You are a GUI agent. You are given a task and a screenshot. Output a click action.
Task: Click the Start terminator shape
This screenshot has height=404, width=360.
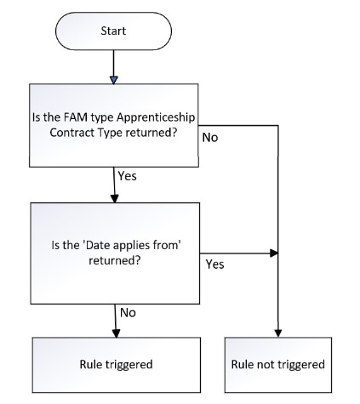point(113,31)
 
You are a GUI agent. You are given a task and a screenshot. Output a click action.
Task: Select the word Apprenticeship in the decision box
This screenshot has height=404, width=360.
point(156,118)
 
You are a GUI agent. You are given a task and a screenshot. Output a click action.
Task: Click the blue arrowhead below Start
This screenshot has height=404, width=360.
point(114,80)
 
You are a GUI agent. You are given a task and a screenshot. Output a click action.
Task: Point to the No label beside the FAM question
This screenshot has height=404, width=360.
point(210,138)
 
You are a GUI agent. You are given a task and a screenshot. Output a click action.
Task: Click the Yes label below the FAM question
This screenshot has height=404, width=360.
point(127,176)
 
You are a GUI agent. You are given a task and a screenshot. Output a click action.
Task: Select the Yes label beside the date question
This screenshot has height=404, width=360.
point(214,265)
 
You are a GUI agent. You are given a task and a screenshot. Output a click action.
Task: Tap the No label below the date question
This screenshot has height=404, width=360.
point(128,313)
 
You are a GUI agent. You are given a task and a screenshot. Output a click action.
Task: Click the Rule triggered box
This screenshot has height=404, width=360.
point(117,365)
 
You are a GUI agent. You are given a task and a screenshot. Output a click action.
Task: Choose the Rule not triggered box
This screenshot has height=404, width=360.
point(278,365)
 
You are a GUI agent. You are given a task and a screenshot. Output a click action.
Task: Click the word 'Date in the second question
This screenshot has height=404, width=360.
point(94,245)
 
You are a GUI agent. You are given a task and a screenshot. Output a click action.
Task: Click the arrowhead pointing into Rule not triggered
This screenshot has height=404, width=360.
point(278,333)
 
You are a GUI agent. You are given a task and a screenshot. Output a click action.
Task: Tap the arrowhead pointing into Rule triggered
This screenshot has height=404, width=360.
point(116,333)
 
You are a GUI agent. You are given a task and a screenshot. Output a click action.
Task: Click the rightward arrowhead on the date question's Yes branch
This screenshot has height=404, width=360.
point(274,253)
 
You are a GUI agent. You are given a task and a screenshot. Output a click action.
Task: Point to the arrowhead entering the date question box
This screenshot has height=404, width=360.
point(115,199)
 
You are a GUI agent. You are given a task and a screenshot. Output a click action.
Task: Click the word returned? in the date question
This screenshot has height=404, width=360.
point(115,260)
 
